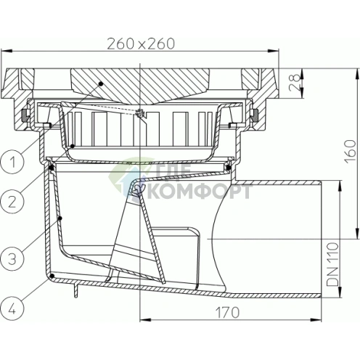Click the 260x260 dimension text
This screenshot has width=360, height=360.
(141, 44)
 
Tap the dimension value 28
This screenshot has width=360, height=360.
(295, 83)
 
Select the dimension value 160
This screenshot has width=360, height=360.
(351, 152)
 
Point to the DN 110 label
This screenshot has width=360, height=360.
(332, 264)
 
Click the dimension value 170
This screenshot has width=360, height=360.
(228, 312)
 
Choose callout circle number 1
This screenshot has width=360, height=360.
(12, 162)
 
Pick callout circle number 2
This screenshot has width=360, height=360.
(12, 202)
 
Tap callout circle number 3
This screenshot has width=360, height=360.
(12, 258)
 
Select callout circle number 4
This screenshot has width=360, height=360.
(12, 309)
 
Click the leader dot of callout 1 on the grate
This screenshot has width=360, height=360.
(101, 83)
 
